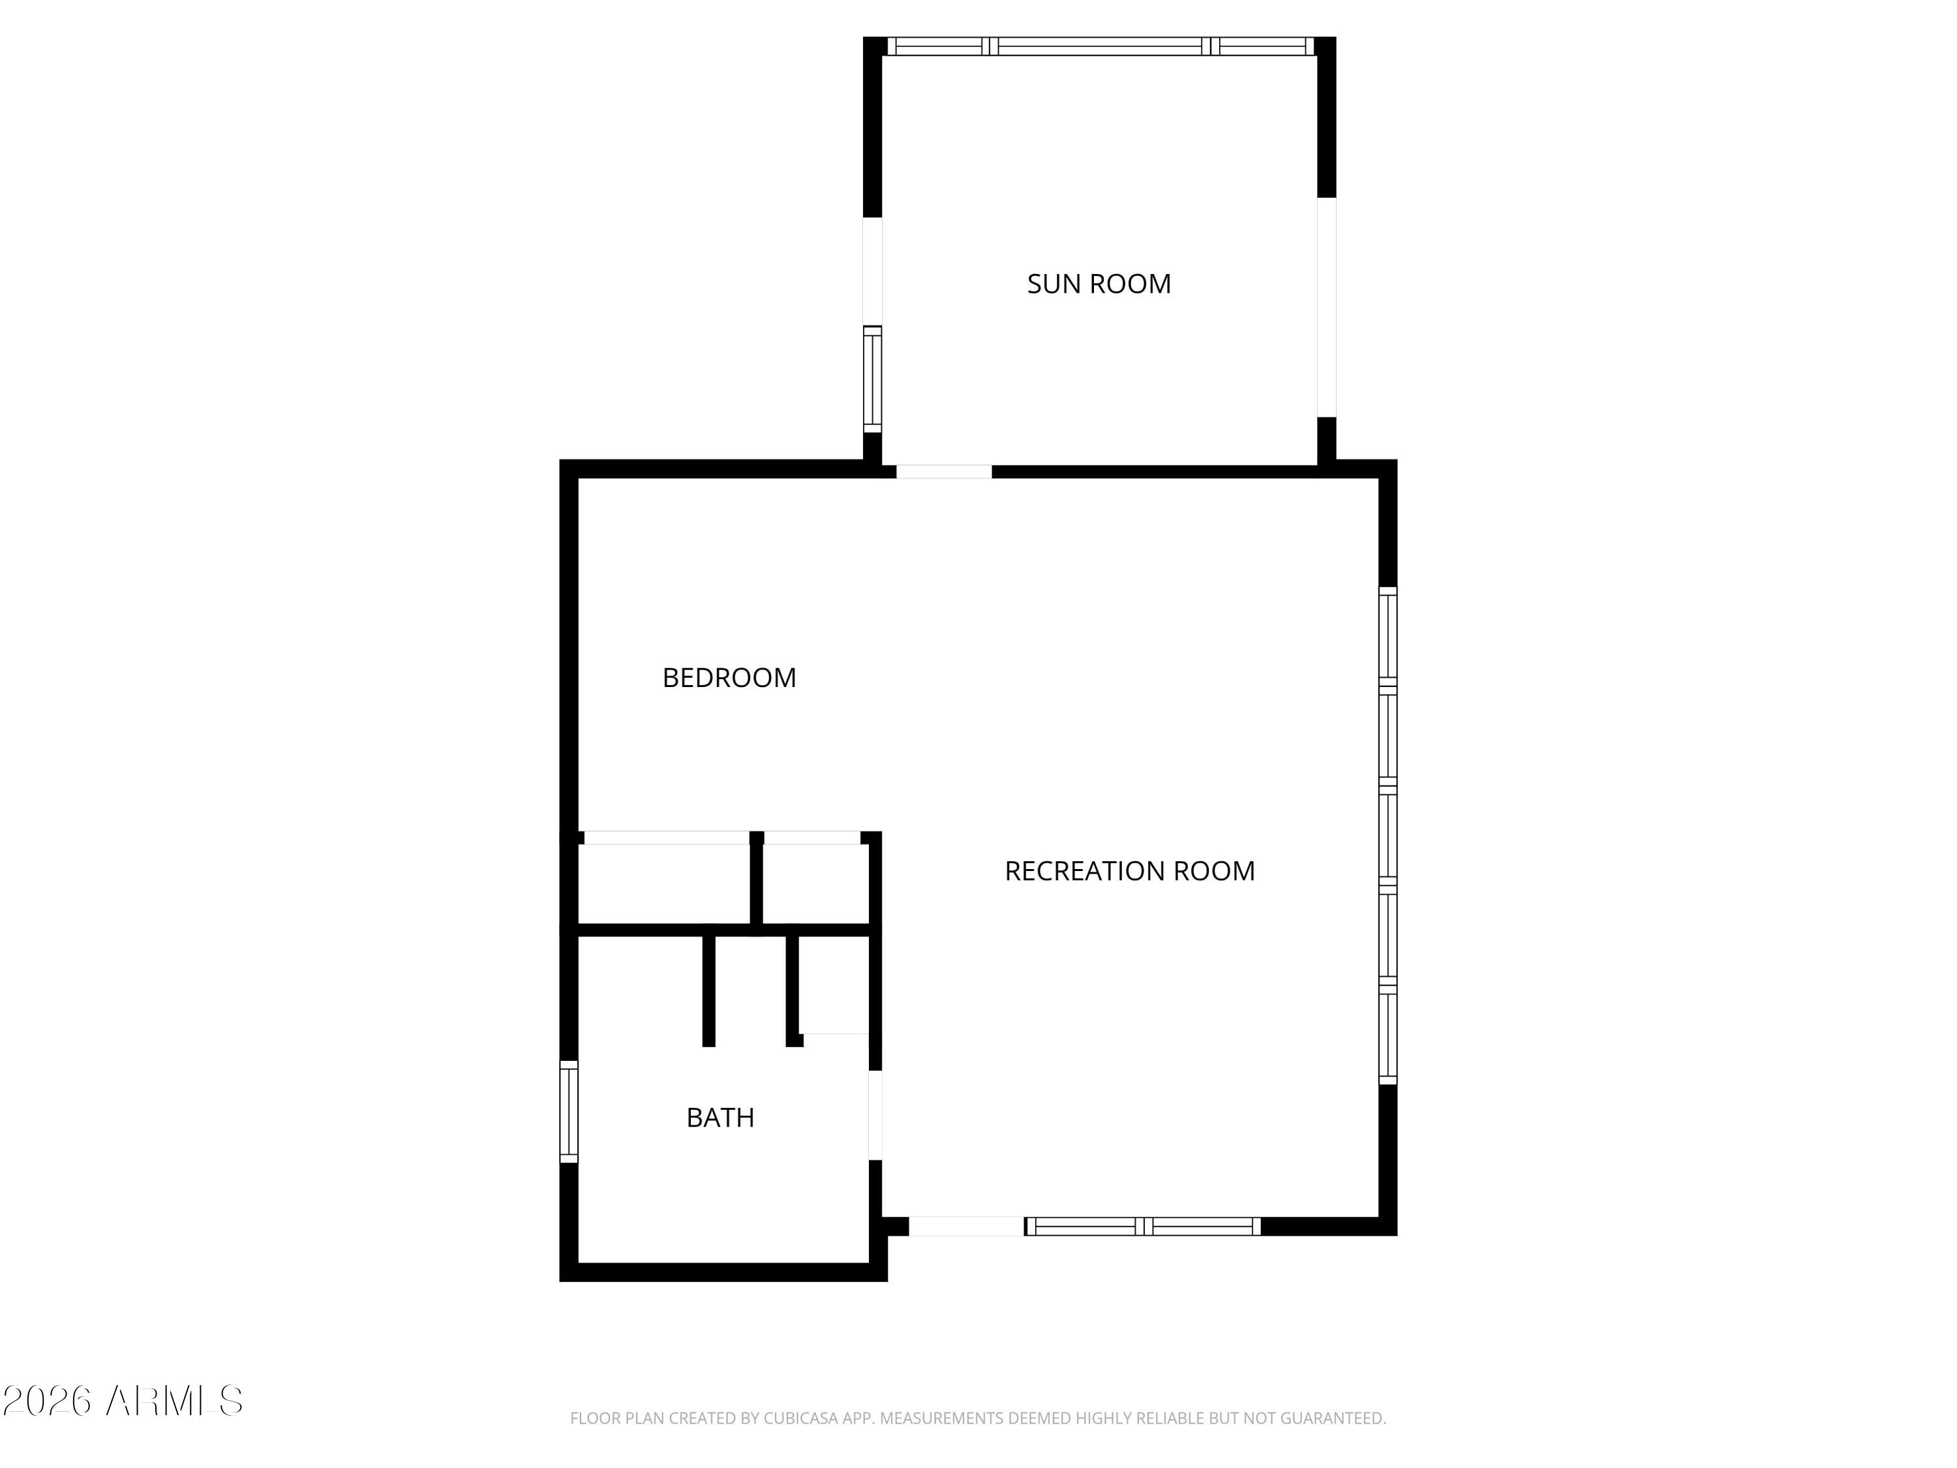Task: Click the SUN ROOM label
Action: [1098, 284]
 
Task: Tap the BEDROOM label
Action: [729, 678]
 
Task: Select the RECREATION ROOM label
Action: [1129, 872]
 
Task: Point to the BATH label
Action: [720, 1118]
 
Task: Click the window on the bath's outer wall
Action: [569, 1111]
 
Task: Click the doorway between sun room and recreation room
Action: [943, 472]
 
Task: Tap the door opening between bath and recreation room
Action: [875, 1115]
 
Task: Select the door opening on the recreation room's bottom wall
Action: [966, 1227]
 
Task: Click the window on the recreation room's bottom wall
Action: [1143, 1227]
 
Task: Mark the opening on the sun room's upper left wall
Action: [872, 271]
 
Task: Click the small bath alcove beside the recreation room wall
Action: [834, 983]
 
